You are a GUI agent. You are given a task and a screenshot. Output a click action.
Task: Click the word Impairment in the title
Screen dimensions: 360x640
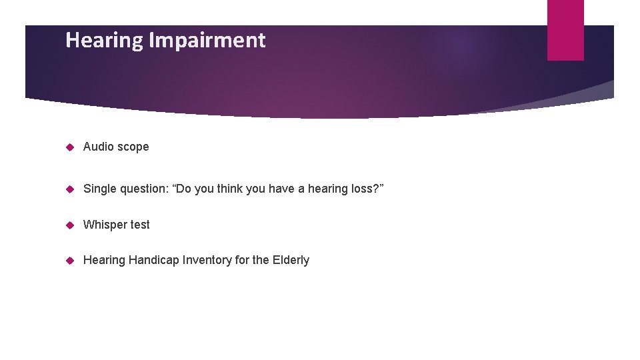click(x=207, y=41)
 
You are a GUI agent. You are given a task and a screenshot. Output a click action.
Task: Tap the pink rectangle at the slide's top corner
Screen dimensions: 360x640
click(x=565, y=30)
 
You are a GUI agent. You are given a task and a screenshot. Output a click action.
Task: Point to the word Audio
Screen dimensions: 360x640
click(x=98, y=147)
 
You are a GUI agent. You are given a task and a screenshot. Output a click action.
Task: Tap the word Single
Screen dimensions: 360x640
click(x=100, y=189)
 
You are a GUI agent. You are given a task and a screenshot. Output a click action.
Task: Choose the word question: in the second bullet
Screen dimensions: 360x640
click(x=146, y=189)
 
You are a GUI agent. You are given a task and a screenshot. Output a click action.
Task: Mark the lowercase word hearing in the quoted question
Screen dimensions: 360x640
click(x=326, y=189)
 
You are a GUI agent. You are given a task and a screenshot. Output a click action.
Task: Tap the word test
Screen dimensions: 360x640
click(x=140, y=225)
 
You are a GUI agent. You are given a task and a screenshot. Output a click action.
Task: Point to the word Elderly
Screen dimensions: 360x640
click(x=291, y=260)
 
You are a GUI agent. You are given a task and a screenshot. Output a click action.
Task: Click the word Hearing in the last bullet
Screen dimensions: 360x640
click(x=104, y=261)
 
